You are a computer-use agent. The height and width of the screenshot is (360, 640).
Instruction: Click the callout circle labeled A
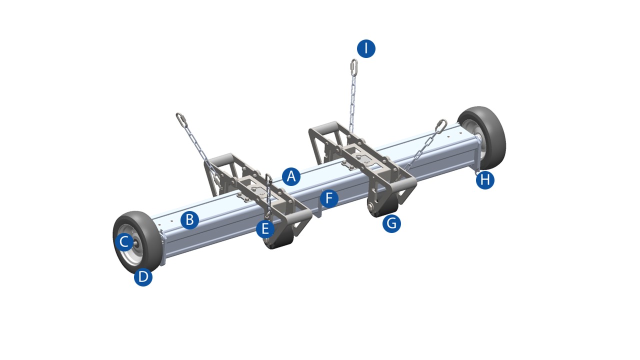pyautogui.click(x=291, y=176)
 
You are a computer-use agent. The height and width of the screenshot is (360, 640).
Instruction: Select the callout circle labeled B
pyautogui.click(x=189, y=219)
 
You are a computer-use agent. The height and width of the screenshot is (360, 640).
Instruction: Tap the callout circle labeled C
pyautogui.click(x=123, y=242)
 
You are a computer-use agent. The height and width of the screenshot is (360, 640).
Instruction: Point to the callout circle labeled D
pyautogui.click(x=143, y=276)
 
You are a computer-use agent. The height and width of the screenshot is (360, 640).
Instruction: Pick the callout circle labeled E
pyautogui.click(x=265, y=229)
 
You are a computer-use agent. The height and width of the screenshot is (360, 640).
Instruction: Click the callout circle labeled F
pyautogui.click(x=328, y=198)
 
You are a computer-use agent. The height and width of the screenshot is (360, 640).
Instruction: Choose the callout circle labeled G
pyautogui.click(x=391, y=223)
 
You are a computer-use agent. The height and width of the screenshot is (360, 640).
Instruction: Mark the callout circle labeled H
pyautogui.click(x=484, y=179)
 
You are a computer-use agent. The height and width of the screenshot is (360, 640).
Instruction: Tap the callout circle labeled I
pyautogui.click(x=366, y=48)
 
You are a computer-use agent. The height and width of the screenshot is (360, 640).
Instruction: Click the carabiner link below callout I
pyautogui.click(x=353, y=67)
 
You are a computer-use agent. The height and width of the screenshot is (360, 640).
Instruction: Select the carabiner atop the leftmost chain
pyautogui.click(x=182, y=120)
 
